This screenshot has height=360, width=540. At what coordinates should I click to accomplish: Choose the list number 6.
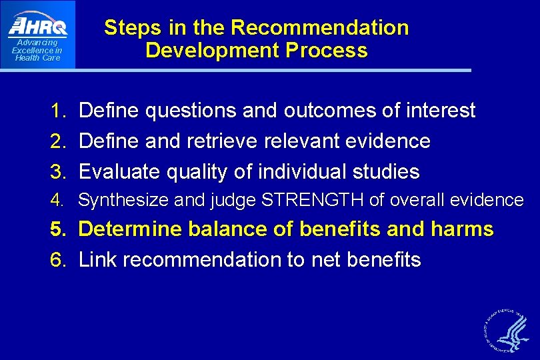point(58,260)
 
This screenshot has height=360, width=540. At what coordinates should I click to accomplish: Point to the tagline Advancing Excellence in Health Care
point(37,50)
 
